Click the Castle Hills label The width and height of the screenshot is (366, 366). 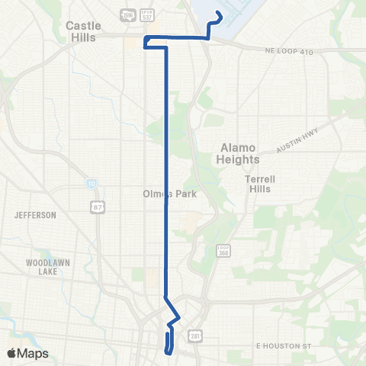pyautogui.click(x=83, y=31)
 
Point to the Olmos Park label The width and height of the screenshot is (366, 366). pyautogui.click(x=169, y=194)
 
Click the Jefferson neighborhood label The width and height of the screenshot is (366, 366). pyautogui.click(x=35, y=216)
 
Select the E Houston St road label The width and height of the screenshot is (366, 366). pyautogui.click(x=284, y=346)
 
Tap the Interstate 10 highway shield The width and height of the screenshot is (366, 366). pyautogui.click(x=91, y=185)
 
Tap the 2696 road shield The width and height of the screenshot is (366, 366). pyautogui.click(x=127, y=14)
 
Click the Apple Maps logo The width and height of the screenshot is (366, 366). pyautogui.click(x=27, y=353)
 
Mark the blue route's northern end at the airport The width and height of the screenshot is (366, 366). pyautogui.click(x=219, y=13)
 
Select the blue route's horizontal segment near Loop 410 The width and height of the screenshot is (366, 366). pyautogui.click(x=183, y=37)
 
